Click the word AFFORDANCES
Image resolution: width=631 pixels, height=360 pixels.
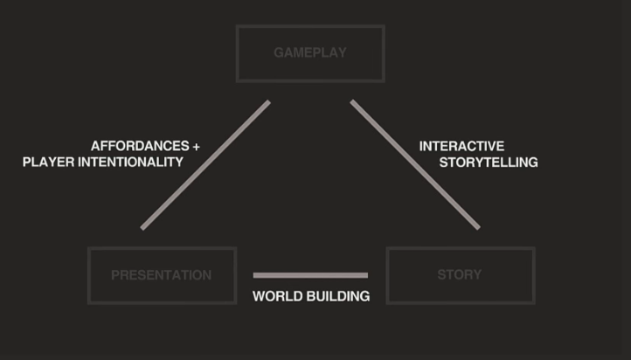pos(139,147)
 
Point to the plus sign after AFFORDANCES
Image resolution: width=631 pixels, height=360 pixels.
pos(196,147)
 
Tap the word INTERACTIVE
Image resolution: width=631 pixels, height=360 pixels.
pos(461,147)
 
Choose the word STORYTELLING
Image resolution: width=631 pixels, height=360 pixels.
pos(488,162)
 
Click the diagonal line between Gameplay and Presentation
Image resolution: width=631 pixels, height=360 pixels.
pos(205,165)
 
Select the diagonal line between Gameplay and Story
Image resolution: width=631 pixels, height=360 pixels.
pos(415,165)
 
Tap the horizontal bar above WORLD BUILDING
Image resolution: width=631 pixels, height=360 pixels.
pos(310,275)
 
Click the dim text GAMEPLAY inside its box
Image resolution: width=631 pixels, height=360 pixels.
pos(309,52)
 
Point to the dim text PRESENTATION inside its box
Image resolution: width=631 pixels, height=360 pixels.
pos(162,275)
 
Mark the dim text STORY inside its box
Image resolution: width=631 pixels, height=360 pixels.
pos(460,275)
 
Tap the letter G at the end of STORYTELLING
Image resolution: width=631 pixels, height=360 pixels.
pos(532,162)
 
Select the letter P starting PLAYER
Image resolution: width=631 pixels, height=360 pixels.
pos(27,162)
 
